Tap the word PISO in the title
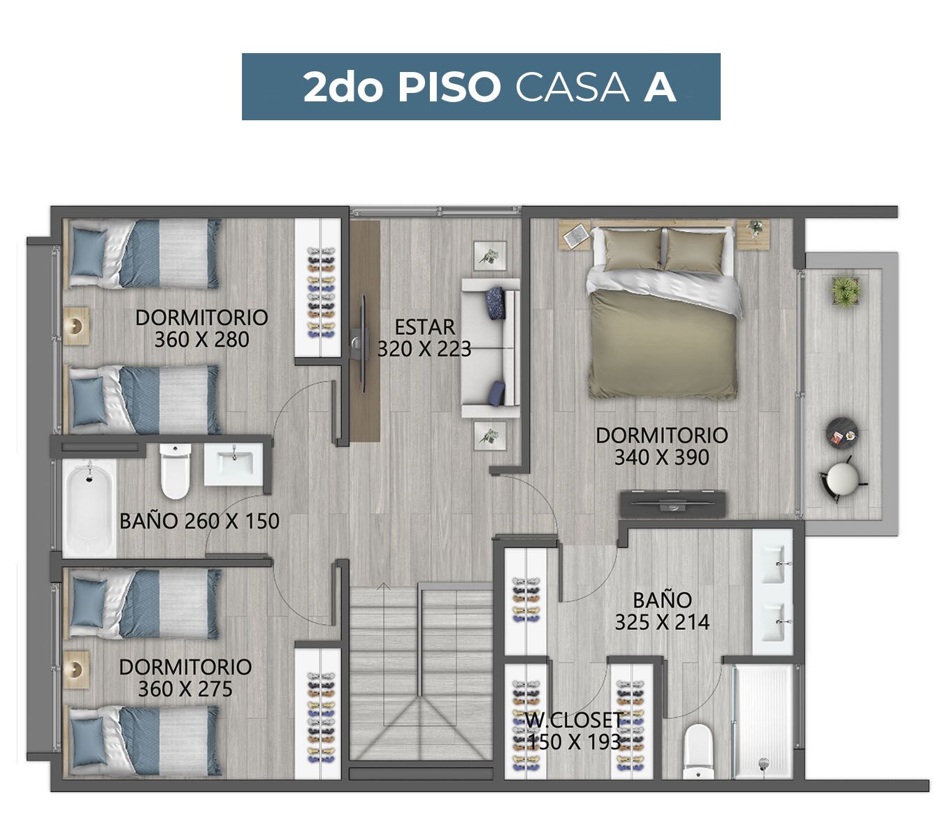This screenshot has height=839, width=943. [x=448, y=87]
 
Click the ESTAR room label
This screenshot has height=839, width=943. [x=424, y=327]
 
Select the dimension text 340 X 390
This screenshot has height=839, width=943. [x=661, y=457]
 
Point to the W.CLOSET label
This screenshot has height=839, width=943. [x=574, y=720]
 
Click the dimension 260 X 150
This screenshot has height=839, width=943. [x=232, y=521]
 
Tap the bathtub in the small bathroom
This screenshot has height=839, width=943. [x=89, y=508]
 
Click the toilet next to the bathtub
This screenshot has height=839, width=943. [x=175, y=471]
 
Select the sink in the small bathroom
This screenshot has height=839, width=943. [x=233, y=464]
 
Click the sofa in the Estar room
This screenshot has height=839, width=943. [x=491, y=347]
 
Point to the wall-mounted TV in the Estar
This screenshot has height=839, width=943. [x=361, y=343]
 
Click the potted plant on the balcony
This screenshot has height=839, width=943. [x=846, y=292]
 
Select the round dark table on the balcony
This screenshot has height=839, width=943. [x=842, y=433]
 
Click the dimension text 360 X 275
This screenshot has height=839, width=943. [x=185, y=689]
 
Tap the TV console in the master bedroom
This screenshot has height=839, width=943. [x=672, y=504]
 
